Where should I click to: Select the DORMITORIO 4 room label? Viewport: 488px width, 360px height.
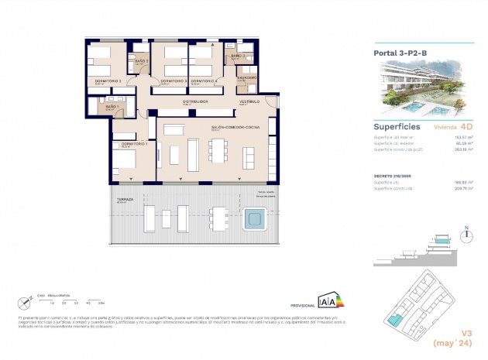(203, 81)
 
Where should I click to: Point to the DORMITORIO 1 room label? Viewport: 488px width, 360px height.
(134, 144)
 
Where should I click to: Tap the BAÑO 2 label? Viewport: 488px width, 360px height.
(141, 60)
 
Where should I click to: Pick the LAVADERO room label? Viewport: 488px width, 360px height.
(248, 77)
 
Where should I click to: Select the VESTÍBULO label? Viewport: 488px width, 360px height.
(249, 101)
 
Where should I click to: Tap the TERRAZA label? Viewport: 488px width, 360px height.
(125, 200)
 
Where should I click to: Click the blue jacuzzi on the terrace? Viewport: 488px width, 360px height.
(254, 221)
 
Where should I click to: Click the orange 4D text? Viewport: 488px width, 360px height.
(466, 125)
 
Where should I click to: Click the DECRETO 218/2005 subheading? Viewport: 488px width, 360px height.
(392, 176)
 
